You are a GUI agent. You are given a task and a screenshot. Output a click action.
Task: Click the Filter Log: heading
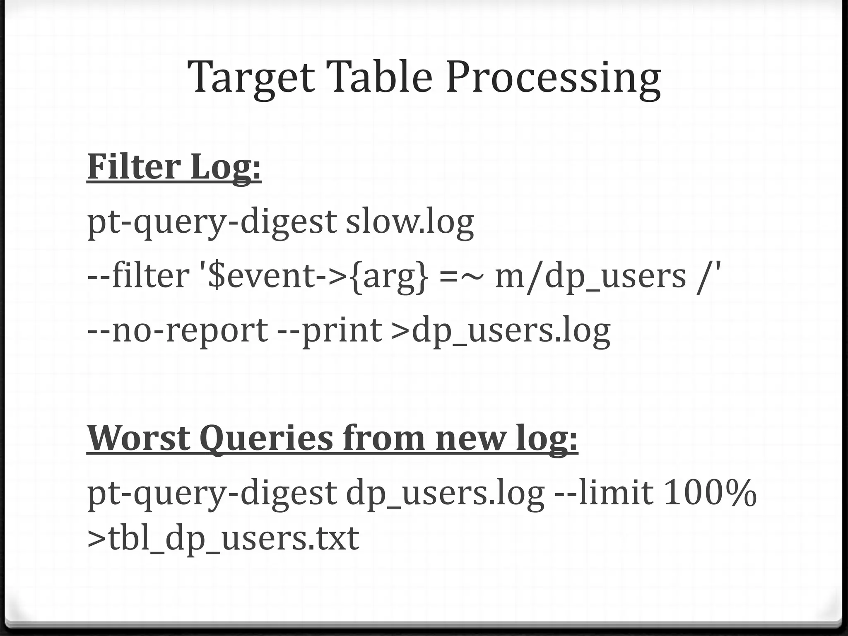click(174, 167)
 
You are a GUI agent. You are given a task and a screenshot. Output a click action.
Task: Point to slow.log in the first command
click(410, 223)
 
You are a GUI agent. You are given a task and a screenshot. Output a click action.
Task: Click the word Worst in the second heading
click(139, 438)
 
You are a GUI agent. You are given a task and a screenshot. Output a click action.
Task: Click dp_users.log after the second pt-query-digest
click(445, 494)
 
